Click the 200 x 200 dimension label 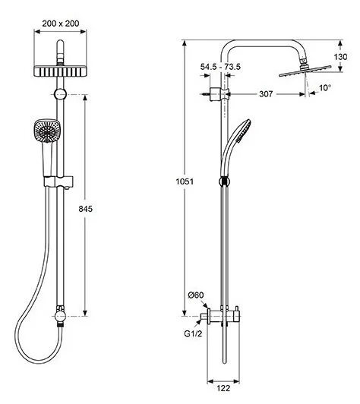[61, 24]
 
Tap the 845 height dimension [85, 209]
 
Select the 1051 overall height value [185, 181]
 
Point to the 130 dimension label [340, 56]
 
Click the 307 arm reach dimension [266, 94]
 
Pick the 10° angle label [325, 88]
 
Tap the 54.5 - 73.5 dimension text [220, 67]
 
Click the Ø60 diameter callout [196, 295]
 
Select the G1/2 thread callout [193, 333]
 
